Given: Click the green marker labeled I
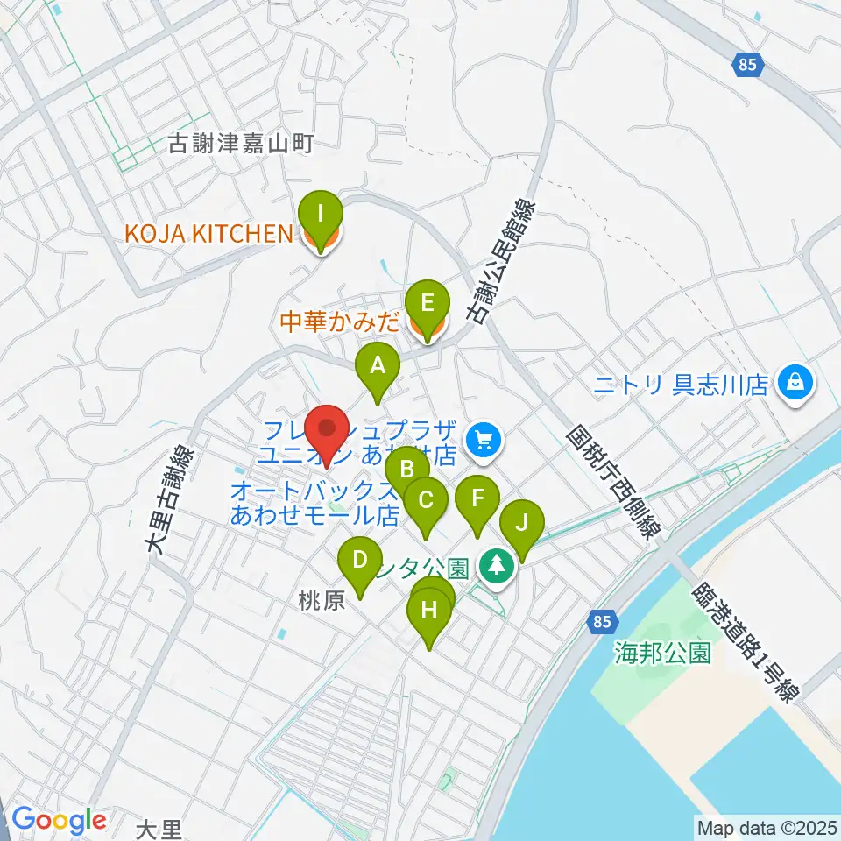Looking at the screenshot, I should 321,214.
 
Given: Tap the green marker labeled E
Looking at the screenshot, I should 428,304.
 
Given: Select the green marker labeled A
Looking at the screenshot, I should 378,365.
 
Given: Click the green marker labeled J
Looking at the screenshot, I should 522,526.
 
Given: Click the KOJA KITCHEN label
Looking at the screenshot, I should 207,234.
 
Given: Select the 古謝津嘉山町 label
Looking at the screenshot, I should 240,145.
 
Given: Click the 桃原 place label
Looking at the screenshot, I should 317,602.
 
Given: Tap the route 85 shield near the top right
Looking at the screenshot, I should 747,65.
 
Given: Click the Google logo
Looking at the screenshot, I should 59,821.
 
